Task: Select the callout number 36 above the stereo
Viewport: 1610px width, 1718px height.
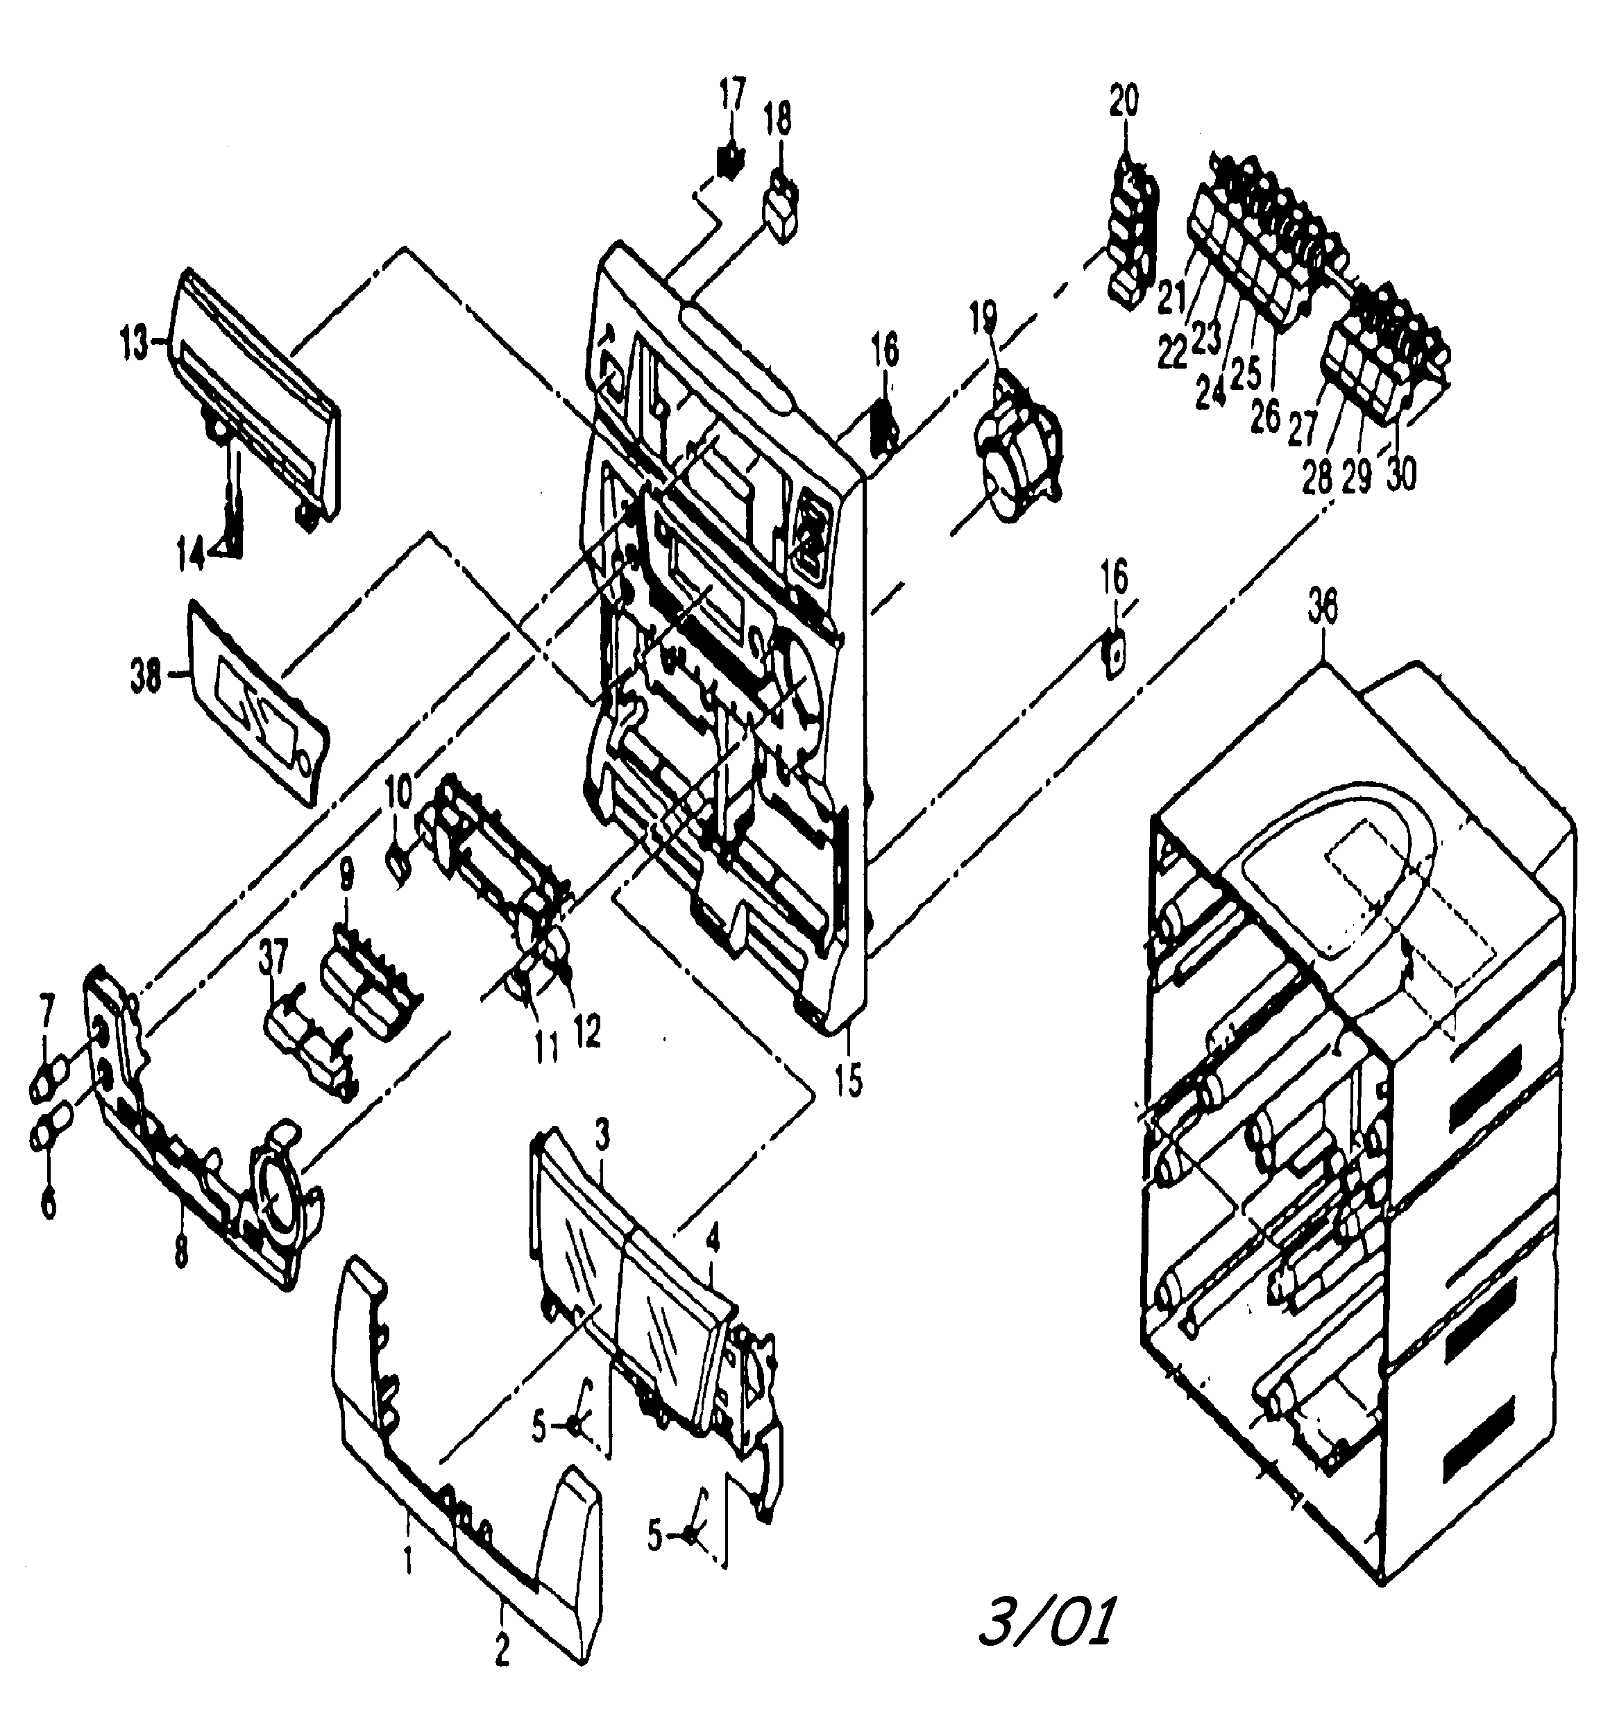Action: point(1322,608)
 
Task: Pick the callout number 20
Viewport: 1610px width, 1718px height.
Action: point(1124,101)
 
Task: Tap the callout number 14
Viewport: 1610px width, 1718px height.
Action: point(192,554)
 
